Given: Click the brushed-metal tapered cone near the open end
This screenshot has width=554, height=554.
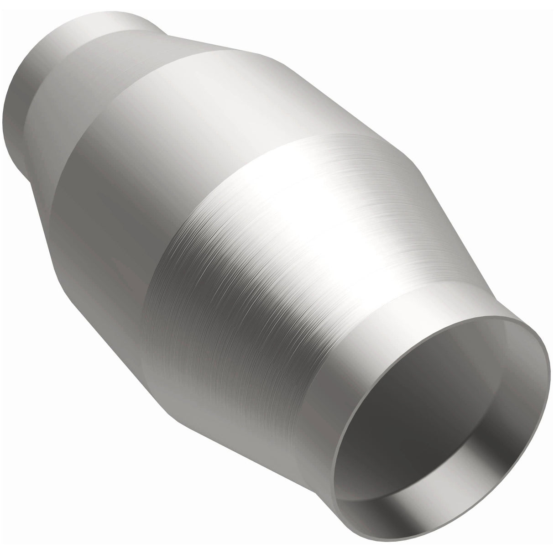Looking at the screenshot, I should [x=274, y=274].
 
